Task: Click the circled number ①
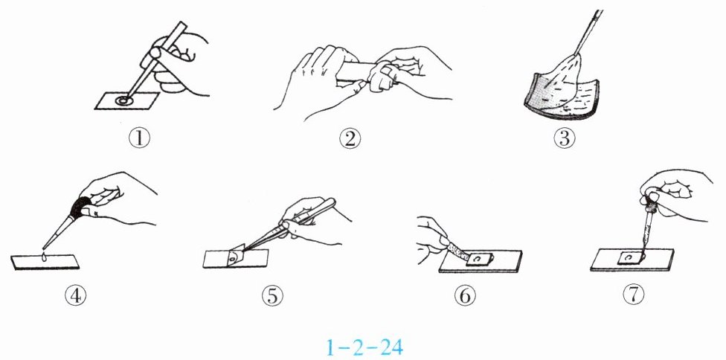point(139,138)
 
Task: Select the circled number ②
point(350,138)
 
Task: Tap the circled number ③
point(565,138)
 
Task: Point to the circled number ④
point(75,295)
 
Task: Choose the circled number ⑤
point(272,295)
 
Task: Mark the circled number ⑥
point(465,295)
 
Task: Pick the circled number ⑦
point(634,295)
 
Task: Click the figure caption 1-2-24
point(364,347)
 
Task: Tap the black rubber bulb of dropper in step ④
point(80,207)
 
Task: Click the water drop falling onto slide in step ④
point(44,257)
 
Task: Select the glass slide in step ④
point(45,262)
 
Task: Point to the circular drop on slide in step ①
point(124,100)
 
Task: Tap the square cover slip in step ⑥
point(480,258)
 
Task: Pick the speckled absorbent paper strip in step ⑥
point(458,251)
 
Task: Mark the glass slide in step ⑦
point(632,260)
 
